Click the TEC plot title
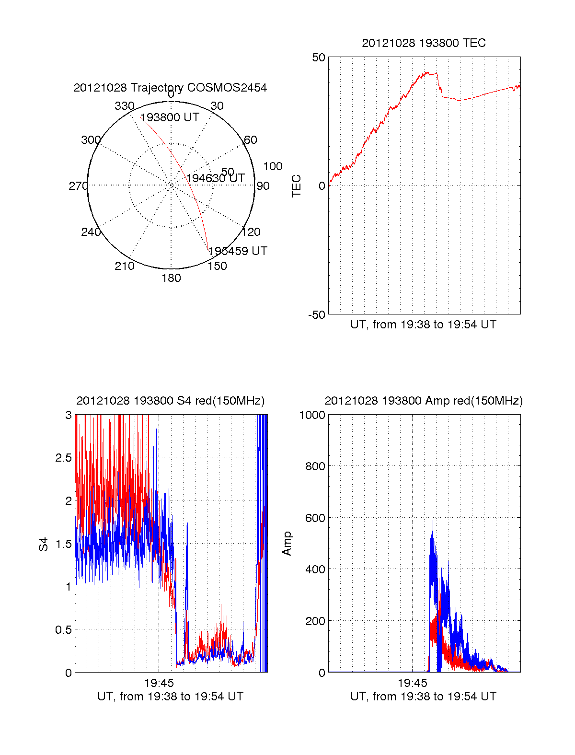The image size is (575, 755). (x=424, y=43)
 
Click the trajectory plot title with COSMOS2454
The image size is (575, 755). (x=170, y=88)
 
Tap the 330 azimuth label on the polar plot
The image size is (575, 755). (x=124, y=106)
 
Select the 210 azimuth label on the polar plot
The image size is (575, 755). (x=124, y=266)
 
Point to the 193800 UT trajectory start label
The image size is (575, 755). (x=170, y=117)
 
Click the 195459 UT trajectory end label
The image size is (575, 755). (x=238, y=251)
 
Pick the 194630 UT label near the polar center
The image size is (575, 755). (x=215, y=178)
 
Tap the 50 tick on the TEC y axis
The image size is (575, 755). (x=319, y=58)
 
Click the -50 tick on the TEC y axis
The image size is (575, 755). (x=317, y=315)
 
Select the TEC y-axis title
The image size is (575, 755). (x=297, y=186)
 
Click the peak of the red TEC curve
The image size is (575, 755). (x=427, y=72)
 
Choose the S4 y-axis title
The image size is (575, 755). (x=44, y=544)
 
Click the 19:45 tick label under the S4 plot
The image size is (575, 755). (x=159, y=682)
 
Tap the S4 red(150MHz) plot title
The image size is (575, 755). (x=170, y=401)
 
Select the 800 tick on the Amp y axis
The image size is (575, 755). (x=315, y=466)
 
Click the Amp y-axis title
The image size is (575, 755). (x=287, y=543)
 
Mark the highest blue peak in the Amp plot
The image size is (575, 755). (x=433, y=521)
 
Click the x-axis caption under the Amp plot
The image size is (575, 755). (x=423, y=697)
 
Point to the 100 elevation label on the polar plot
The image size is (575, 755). (x=273, y=166)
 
